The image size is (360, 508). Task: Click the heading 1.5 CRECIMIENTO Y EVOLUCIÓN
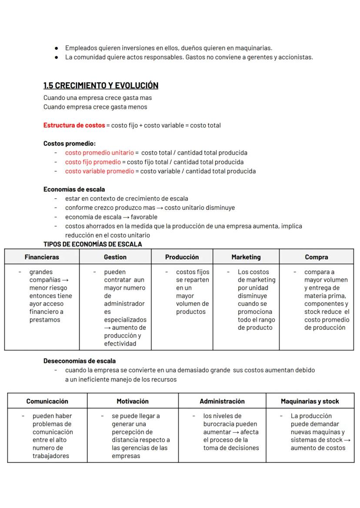[x=101, y=86]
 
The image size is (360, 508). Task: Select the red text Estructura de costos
[x=74, y=126]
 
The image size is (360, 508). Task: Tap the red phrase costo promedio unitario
[x=100, y=153]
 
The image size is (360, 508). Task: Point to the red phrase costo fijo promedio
[x=93, y=162]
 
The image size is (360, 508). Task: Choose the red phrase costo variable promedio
[x=100, y=171]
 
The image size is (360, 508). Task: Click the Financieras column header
[x=42, y=257]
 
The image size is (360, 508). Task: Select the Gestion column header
[x=115, y=257]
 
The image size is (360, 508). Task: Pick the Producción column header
[x=182, y=257]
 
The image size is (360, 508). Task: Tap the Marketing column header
[x=246, y=257]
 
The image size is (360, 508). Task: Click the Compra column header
[x=317, y=257]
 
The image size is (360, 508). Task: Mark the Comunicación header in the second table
[x=47, y=402]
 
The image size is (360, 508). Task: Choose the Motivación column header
[x=133, y=402]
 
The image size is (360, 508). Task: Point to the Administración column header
[x=222, y=402]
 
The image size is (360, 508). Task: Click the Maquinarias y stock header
[x=310, y=402]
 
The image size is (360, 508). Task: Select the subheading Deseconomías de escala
[x=80, y=361]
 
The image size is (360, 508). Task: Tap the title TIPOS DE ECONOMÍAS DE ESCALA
[x=93, y=244]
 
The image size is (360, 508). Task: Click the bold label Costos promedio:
[x=70, y=143]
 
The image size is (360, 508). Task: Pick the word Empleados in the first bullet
[x=80, y=48]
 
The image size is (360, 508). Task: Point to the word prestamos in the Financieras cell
[x=45, y=320]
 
